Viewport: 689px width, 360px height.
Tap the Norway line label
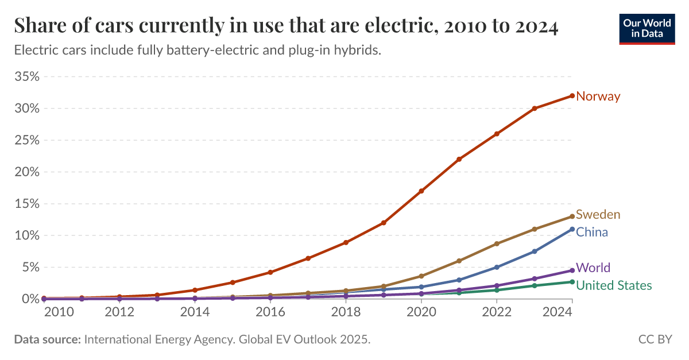[598, 96]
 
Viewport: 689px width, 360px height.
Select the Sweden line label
[598, 215]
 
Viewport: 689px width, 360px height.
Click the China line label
[591, 233]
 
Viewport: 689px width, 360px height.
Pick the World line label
[593, 268]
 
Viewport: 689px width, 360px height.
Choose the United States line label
[613, 285]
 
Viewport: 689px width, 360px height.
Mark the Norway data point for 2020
[421, 191]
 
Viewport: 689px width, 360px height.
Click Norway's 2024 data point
[572, 96]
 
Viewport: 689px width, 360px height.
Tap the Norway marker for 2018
[346, 242]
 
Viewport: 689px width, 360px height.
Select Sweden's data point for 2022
[497, 244]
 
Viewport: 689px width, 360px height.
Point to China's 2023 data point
[535, 251]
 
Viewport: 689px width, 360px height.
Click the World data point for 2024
[572, 270]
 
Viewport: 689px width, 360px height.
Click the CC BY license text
[655, 340]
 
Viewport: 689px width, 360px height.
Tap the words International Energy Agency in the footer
[158, 340]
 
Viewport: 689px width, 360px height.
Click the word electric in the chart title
[392, 26]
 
